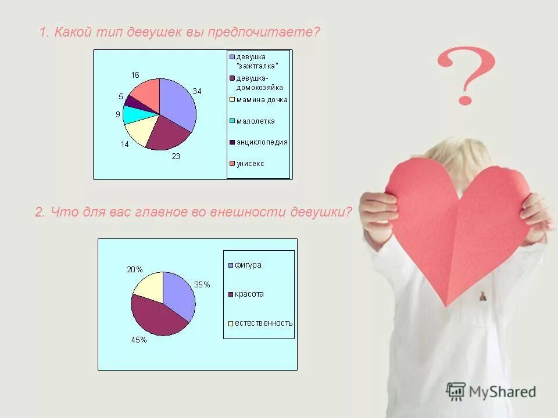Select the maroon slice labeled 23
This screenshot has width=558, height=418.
click(x=166, y=135)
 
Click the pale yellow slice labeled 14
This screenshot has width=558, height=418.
click(x=140, y=130)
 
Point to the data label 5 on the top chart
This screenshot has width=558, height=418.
click(x=121, y=96)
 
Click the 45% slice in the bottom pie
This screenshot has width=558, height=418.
click(x=154, y=316)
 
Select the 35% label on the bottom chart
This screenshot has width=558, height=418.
click(x=202, y=284)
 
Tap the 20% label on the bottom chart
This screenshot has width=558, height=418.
click(x=134, y=269)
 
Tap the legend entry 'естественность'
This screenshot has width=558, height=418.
click(x=263, y=323)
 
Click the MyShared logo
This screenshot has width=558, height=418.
click(x=491, y=391)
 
